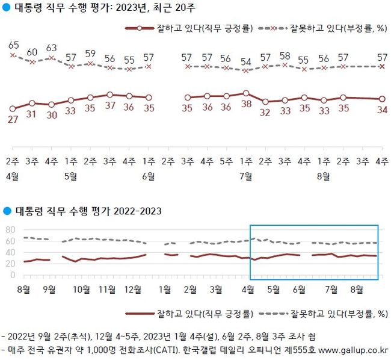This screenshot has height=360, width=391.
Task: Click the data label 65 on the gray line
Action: [13, 45]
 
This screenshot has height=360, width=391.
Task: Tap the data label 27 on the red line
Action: [13, 119]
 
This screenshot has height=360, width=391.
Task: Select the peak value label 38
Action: [245, 103]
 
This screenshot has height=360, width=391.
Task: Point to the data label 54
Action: [245, 62]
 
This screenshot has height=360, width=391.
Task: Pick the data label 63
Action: [52, 48]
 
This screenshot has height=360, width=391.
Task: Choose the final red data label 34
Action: [381, 109]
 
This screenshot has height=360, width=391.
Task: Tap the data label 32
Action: [265, 111]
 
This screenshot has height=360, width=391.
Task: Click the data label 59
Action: [90, 52]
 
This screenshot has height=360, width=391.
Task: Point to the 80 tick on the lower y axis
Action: [10, 230]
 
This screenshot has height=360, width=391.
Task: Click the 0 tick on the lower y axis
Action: [12, 275]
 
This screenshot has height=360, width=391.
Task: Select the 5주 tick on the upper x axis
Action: [226, 161]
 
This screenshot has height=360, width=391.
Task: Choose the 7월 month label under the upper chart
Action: [245, 176]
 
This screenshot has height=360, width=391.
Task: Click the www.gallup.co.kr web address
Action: [353, 349]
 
